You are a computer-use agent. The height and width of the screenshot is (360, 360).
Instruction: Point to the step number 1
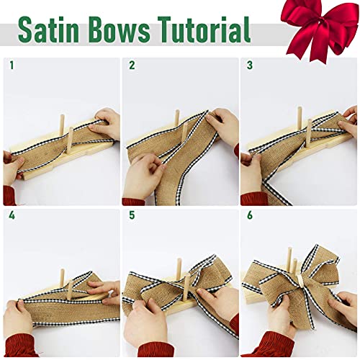[x=12, y=66]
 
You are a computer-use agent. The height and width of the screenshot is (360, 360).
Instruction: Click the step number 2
[x=132, y=66]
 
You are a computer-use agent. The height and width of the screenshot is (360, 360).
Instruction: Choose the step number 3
[x=250, y=66]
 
